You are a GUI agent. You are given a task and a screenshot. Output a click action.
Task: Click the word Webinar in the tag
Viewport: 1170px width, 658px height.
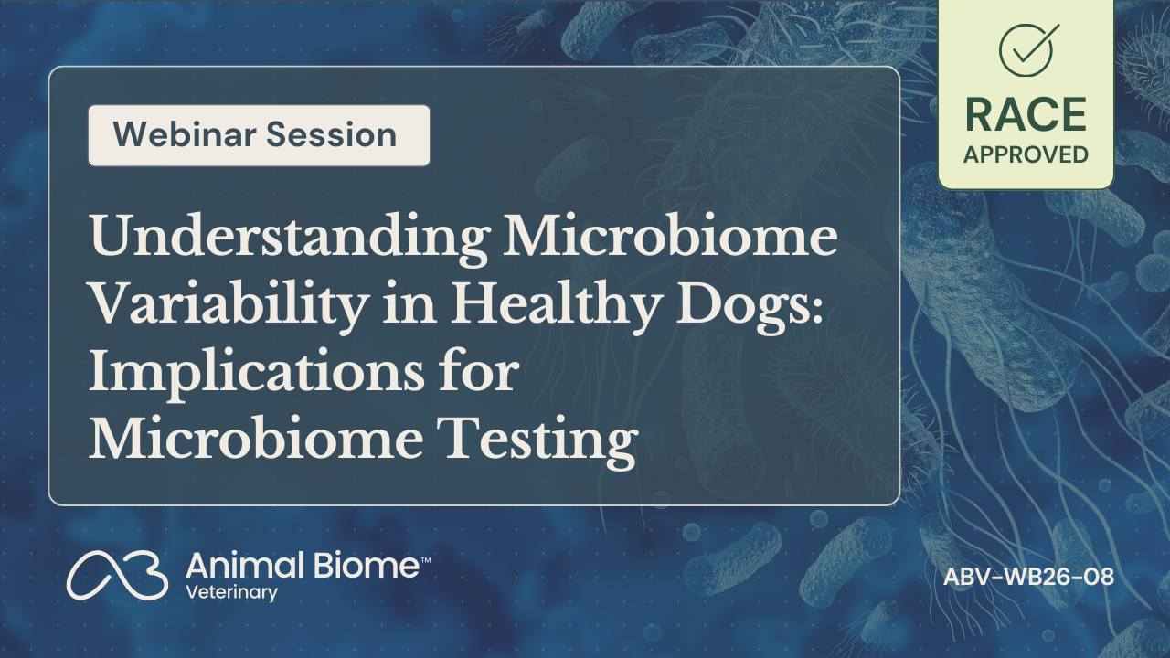click(x=185, y=134)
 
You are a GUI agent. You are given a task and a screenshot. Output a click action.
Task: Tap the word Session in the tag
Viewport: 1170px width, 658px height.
click(x=332, y=134)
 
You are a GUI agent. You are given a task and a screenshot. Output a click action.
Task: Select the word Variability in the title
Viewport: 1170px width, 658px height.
click(x=229, y=304)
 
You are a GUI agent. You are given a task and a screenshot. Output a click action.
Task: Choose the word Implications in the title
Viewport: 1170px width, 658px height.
click(x=257, y=374)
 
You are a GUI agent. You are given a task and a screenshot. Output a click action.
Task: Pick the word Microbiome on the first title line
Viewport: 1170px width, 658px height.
click(x=670, y=236)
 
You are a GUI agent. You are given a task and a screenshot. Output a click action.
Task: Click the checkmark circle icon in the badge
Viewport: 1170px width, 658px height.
click(x=1026, y=49)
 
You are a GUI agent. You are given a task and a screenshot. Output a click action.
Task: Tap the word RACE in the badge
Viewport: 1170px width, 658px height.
click(x=1026, y=115)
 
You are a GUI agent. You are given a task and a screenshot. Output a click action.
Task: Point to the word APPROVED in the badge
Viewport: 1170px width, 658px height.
click(x=1026, y=154)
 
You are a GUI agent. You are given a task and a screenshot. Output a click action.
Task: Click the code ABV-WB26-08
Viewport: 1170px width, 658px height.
click(x=1028, y=577)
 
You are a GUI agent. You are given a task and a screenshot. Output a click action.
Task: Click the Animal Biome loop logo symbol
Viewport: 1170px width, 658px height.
click(x=118, y=575)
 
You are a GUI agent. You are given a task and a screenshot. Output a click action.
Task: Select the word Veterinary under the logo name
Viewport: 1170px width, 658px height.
click(x=231, y=593)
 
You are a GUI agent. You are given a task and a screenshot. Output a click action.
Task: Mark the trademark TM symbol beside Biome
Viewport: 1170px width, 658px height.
click(x=425, y=560)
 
